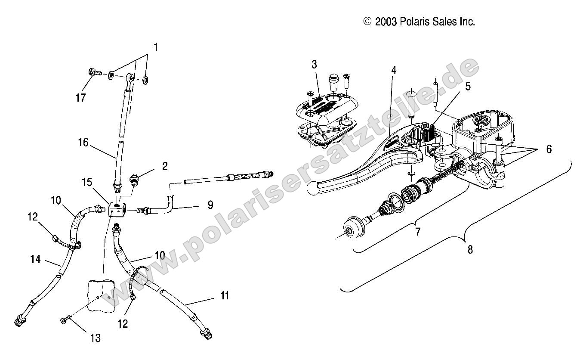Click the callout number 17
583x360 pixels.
point(80,97)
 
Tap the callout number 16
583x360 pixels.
point(83,142)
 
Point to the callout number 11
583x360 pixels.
point(225,295)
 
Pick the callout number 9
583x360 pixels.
point(210,205)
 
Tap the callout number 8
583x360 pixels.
point(470,249)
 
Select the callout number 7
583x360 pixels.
point(417,232)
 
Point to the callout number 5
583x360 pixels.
point(468,86)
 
